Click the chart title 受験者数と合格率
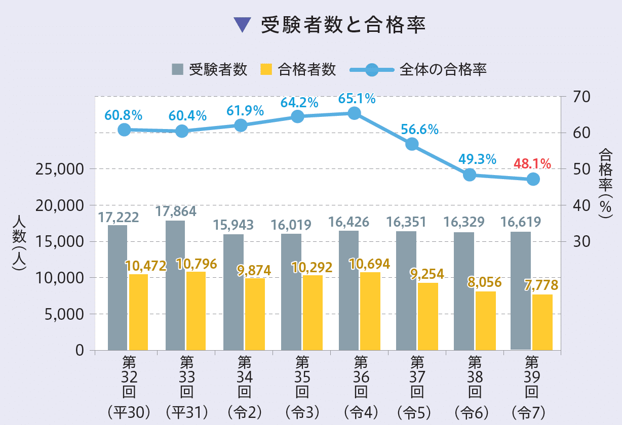342,25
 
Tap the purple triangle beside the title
243,25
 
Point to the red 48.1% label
532,163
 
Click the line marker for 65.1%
355,113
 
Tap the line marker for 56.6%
412,144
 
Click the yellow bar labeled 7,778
542,322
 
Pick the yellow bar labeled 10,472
138,312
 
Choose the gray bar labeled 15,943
233,292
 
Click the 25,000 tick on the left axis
59,169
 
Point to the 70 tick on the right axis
582,97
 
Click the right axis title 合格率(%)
605,182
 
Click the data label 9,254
427,274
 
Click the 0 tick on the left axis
80,350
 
